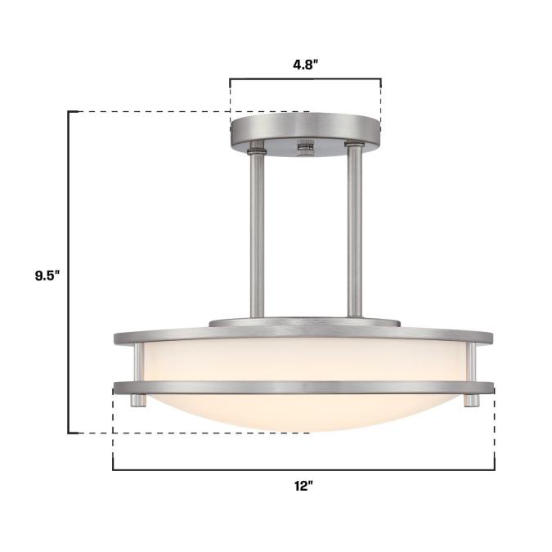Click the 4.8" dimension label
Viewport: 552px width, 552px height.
pyautogui.click(x=305, y=65)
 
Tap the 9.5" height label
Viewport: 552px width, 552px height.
pyautogui.click(x=47, y=276)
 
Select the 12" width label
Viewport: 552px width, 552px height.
pyautogui.click(x=304, y=487)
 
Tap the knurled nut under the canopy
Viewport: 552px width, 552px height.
pyautogui.click(x=305, y=148)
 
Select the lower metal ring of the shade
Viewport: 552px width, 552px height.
pyautogui.click(x=303, y=388)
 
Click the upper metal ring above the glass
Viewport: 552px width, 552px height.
pyautogui.click(x=303, y=335)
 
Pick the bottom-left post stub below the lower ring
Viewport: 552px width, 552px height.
pyautogui.click(x=138, y=400)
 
